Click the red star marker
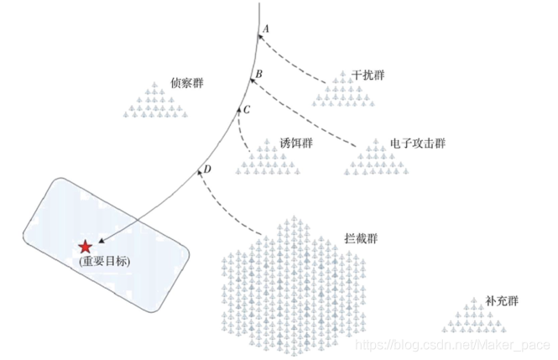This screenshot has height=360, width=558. (85, 247)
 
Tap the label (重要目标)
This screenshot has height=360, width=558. (106, 262)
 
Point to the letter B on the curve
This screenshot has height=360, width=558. (259, 75)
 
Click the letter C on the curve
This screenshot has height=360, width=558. (247, 110)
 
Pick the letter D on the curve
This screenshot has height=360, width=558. (207, 170)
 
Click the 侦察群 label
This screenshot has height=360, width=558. (187, 83)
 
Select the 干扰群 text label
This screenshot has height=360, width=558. (369, 76)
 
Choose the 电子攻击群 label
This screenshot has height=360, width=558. (418, 143)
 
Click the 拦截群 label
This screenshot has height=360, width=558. (361, 238)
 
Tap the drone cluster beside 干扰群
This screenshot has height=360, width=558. (343, 90)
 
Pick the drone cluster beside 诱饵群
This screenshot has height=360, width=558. (269, 158)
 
